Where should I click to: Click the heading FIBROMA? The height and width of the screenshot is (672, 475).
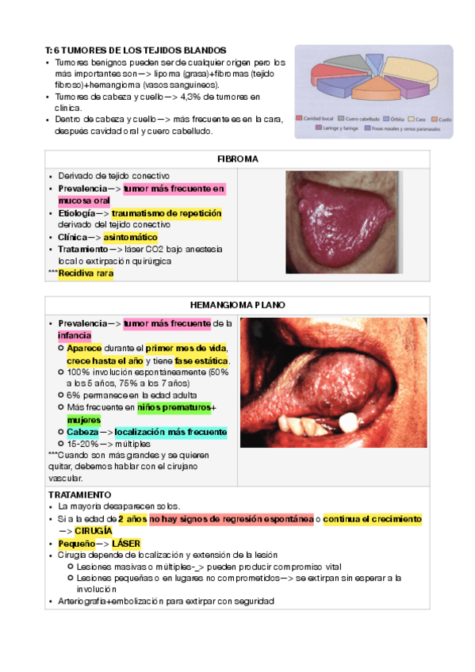[237, 159]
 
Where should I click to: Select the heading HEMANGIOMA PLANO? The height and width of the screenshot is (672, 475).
[237, 305]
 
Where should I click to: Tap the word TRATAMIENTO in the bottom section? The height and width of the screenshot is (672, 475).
[75, 494]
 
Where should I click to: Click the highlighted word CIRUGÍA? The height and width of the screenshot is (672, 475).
[94, 530]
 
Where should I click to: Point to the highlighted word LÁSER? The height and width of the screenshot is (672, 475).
[126, 544]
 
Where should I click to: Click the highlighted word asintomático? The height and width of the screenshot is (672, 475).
[130, 237]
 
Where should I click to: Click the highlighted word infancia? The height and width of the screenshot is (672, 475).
[75, 335]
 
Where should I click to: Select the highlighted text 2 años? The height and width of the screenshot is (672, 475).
[132, 518]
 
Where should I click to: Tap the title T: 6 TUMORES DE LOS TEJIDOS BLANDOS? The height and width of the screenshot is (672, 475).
[136, 50]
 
